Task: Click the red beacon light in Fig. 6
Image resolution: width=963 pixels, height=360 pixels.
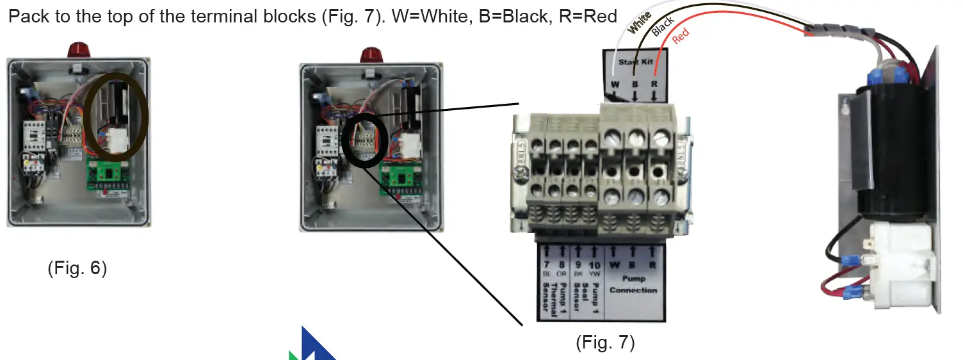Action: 78,50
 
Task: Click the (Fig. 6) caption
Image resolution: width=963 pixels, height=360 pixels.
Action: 77,268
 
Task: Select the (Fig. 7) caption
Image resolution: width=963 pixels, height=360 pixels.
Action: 605,343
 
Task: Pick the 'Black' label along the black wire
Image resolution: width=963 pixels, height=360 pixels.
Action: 662,27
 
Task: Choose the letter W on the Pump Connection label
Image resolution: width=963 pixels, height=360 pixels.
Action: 615,265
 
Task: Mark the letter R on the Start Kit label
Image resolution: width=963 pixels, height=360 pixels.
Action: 654,84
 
